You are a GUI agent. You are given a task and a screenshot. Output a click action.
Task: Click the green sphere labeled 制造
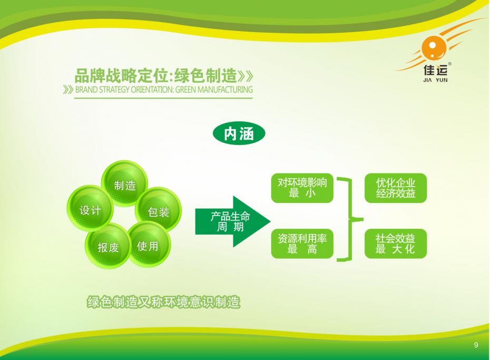124,183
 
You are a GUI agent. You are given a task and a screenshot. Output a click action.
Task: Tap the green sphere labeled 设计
90,208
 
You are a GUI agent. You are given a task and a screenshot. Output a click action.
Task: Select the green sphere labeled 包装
159,210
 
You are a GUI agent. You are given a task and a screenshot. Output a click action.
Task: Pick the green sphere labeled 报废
108,246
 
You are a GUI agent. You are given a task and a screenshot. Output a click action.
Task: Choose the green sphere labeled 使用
149,245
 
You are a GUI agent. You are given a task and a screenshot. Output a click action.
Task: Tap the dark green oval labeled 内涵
239,133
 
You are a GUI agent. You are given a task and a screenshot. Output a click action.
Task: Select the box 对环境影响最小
302,188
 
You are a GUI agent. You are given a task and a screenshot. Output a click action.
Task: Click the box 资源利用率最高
302,244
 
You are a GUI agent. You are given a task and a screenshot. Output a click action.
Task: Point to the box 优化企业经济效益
396,188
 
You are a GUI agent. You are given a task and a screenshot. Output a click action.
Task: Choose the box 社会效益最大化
396,244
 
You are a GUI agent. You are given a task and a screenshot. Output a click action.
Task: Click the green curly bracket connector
350,219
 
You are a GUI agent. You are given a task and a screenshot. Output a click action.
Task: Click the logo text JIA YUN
435,80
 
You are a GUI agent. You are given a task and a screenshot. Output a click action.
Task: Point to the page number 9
476,345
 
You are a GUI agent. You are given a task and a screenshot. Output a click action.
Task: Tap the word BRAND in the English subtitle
86,90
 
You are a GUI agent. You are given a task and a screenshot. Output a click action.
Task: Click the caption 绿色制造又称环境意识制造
163,302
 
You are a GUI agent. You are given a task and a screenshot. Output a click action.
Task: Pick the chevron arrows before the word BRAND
68,90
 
